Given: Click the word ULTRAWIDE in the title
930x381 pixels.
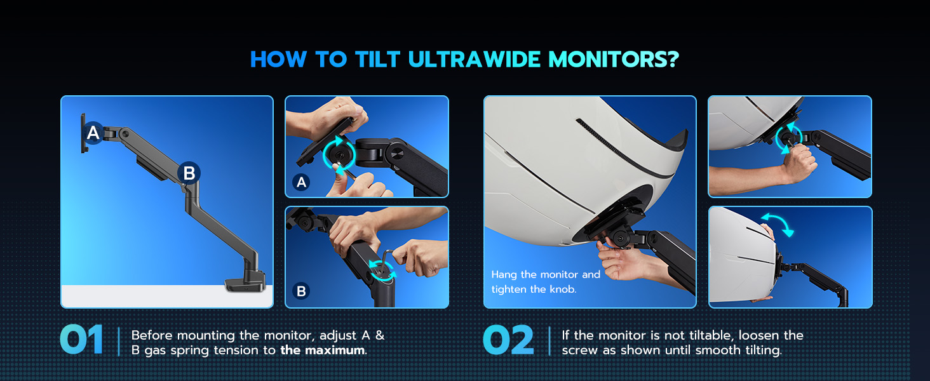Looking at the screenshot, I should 474,60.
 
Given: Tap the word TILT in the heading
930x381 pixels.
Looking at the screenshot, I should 377,60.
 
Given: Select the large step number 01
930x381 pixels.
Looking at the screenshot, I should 81,340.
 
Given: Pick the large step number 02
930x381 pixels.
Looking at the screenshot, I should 508,340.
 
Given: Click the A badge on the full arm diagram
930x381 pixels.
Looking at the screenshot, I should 93,133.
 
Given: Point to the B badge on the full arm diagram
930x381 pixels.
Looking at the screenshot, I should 189,173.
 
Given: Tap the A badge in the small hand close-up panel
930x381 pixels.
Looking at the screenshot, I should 302,182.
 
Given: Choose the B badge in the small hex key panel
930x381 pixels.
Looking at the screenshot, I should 302,291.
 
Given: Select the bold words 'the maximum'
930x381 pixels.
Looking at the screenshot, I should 323,351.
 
